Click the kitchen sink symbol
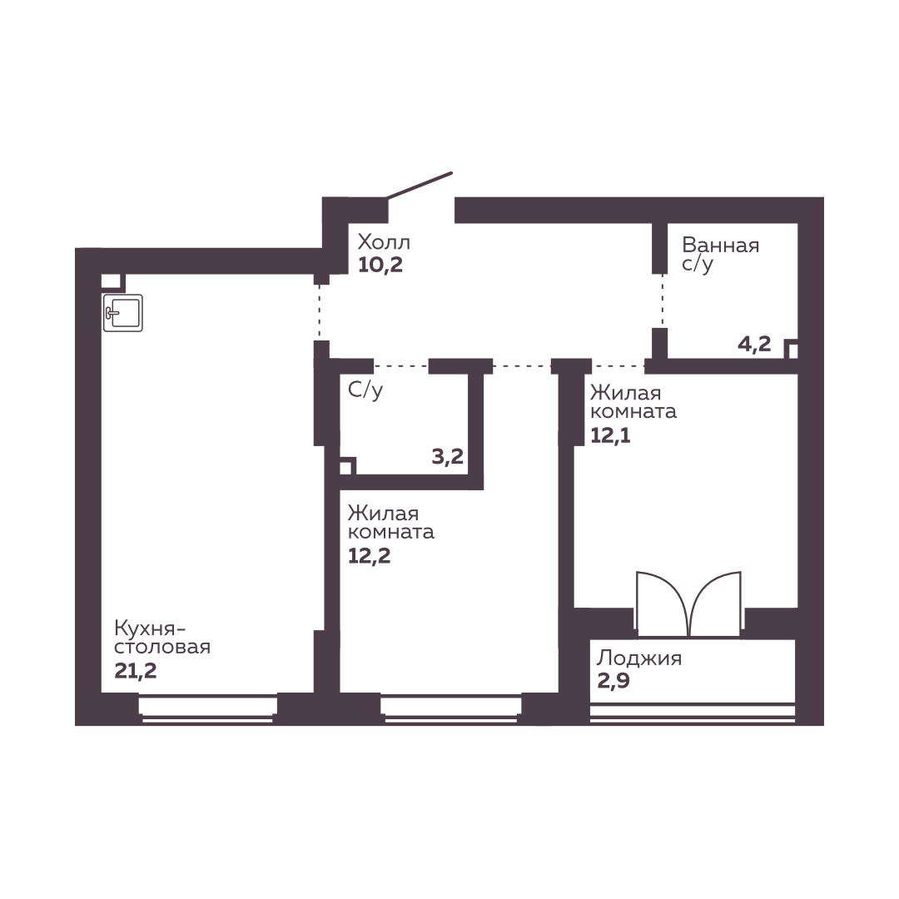[122, 313]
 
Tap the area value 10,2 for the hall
[380, 265]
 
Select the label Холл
[384, 242]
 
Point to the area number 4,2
[754, 344]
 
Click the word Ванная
[721, 246]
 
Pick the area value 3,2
[447, 457]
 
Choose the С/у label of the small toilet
[365, 390]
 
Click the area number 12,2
[370, 555]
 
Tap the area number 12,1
[611, 435]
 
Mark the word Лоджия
[638, 658]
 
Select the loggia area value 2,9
[613, 681]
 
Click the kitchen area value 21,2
[136, 671]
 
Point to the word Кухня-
[150, 628]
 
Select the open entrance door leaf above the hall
[420, 185]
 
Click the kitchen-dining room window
[207, 708]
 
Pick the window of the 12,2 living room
[451, 708]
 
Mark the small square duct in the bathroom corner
[792, 349]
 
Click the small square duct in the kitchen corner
[112, 281]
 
